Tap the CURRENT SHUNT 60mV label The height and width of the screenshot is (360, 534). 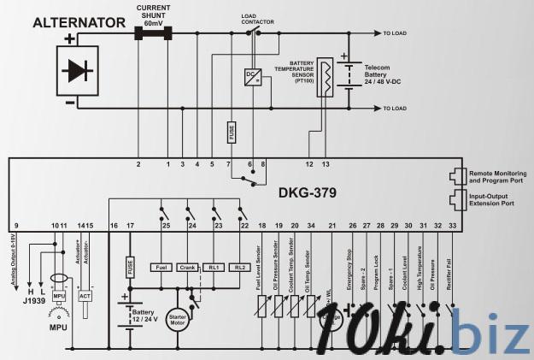point(155,15)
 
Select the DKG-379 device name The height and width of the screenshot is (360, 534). point(302,192)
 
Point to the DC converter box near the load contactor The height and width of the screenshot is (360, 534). point(253,75)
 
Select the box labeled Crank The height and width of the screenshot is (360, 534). point(189,268)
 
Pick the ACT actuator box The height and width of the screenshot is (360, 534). point(85,296)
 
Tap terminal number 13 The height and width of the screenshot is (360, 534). point(325,163)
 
